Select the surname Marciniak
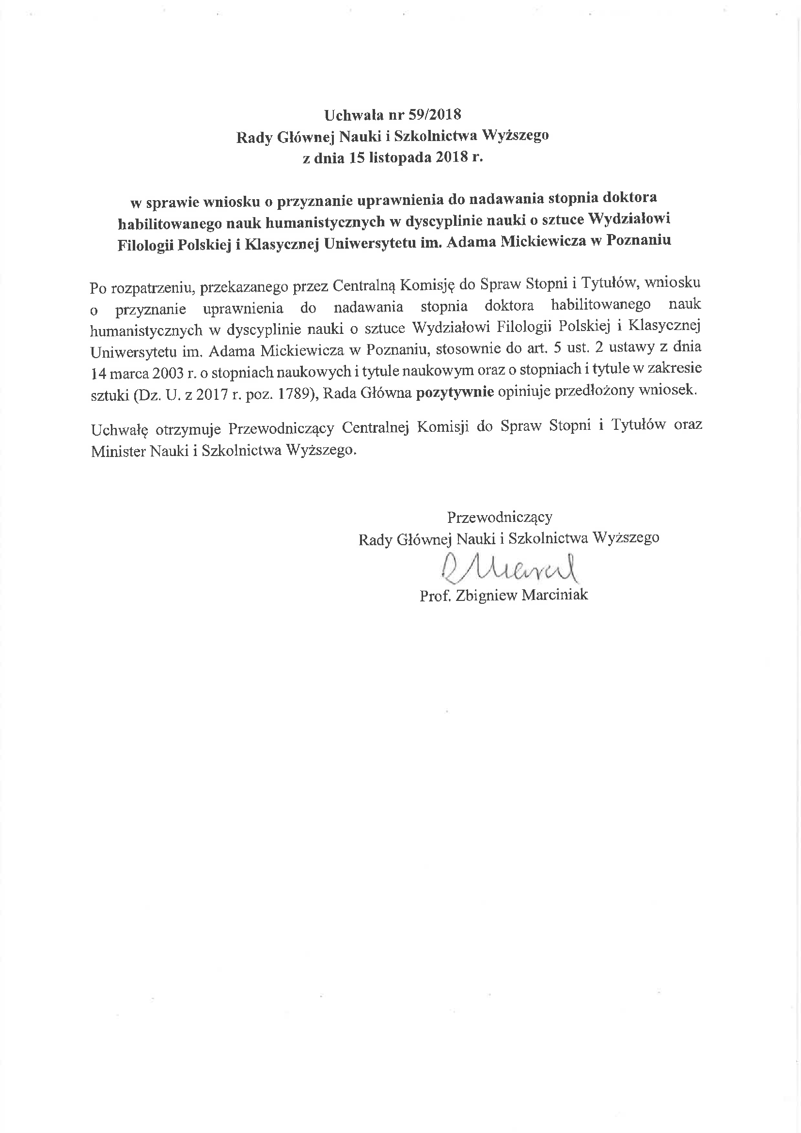point(555,595)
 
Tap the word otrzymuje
point(188,428)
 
